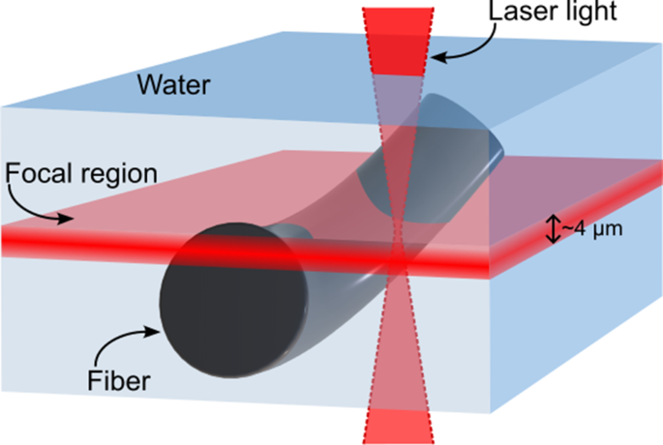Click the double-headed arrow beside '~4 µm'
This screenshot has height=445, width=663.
(553, 229)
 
